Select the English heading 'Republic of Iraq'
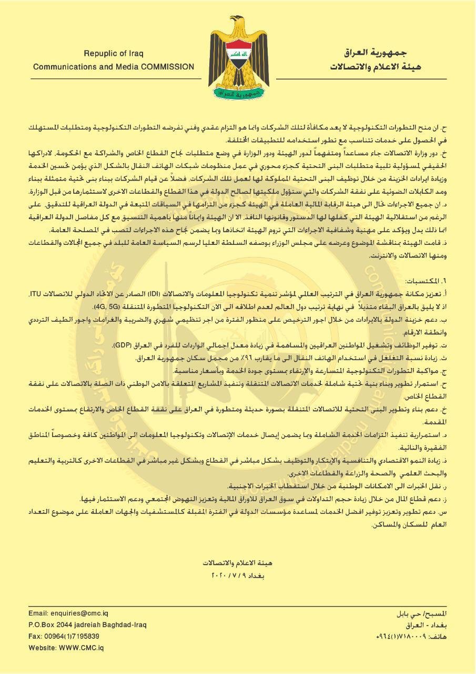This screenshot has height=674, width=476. click(113, 54)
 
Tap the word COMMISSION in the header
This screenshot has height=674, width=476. click(167, 67)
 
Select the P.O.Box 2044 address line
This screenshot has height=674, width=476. click(87, 625)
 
